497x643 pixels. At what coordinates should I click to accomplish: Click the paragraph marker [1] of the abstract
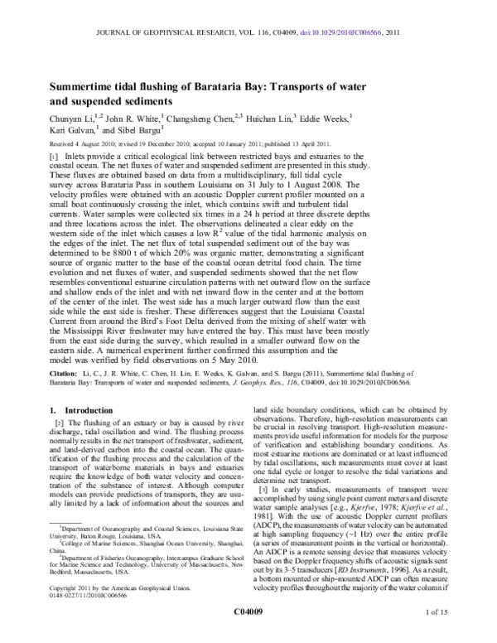point(56,157)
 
